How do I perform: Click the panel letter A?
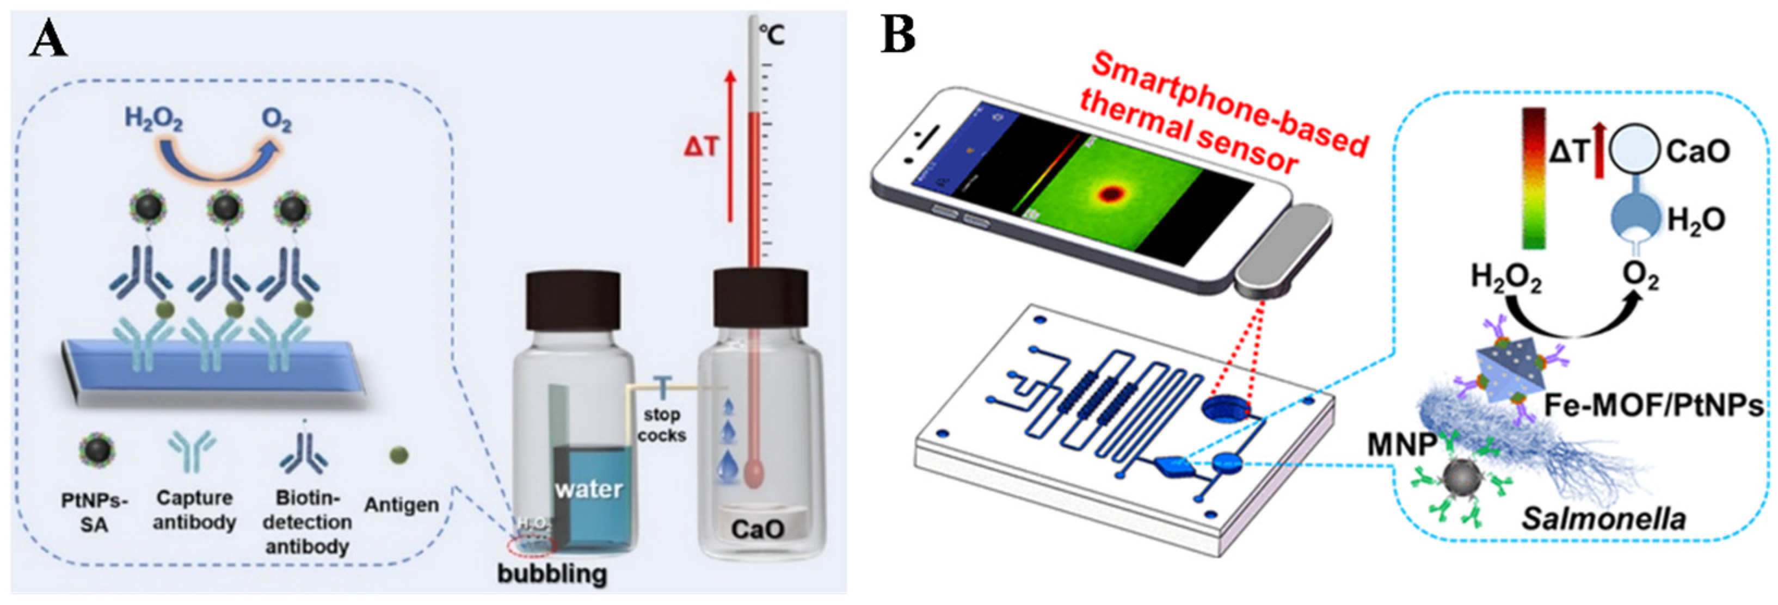click(48, 40)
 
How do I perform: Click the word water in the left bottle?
click(589, 489)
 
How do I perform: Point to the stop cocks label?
click(661, 425)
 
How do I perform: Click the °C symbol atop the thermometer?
click(771, 34)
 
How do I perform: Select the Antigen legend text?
click(402, 504)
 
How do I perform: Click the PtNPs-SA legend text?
click(95, 513)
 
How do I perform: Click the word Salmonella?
click(1603, 518)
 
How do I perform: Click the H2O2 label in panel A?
click(153, 119)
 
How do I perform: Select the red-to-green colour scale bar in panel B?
click(1534, 177)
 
